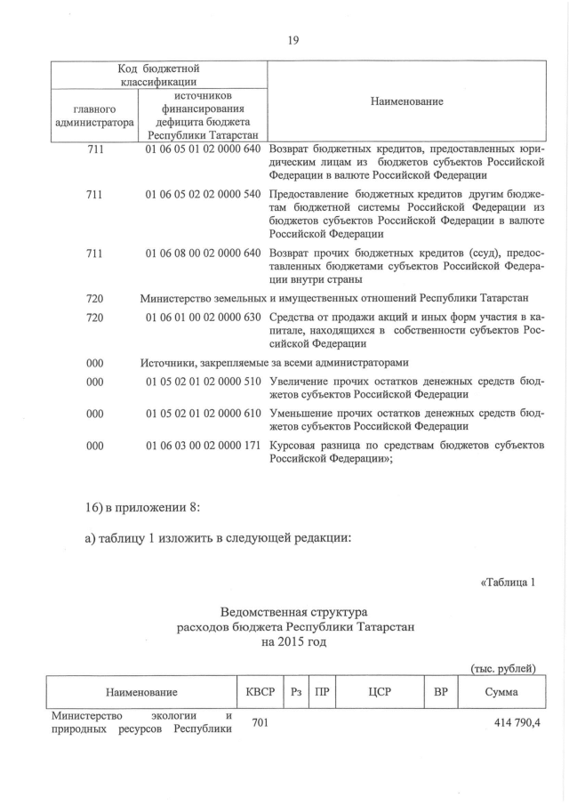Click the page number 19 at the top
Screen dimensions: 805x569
[293, 39]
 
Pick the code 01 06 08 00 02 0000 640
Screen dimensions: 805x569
[203, 254]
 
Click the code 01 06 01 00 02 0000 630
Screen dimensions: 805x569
[203, 318]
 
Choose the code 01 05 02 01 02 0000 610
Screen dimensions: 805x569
[203, 414]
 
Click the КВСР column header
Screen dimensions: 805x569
[260, 691]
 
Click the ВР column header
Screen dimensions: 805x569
[439, 691]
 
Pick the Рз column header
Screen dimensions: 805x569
[297, 691]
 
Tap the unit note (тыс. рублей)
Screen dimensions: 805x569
[502, 668]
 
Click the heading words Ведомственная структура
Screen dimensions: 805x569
[293, 613]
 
